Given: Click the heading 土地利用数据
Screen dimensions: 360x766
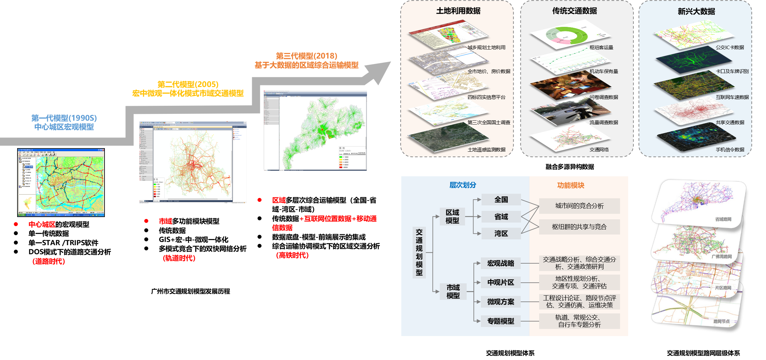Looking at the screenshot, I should [x=458, y=11].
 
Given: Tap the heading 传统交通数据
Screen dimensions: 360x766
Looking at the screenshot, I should [x=574, y=11].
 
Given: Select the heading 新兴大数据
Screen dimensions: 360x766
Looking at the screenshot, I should [x=696, y=12].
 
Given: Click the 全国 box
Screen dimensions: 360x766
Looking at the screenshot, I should [x=501, y=200].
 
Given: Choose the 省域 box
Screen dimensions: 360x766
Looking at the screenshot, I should [x=501, y=217].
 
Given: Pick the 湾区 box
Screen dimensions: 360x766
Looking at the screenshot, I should [x=501, y=234].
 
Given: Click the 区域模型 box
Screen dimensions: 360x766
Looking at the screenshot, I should [x=452, y=216].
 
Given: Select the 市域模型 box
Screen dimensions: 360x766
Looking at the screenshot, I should [x=453, y=291].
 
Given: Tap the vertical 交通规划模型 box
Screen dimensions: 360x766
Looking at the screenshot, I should [x=419, y=252].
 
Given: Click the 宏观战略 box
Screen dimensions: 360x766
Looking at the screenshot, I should [x=501, y=263].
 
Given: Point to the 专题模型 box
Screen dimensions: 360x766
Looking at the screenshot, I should [x=501, y=321].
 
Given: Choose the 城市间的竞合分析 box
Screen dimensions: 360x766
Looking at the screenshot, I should [x=579, y=206].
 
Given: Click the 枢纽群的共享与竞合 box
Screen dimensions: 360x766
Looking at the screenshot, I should [x=579, y=227].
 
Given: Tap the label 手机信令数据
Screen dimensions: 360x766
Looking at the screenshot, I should [x=730, y=150].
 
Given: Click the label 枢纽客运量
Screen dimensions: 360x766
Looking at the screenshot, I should [x=601, y=48].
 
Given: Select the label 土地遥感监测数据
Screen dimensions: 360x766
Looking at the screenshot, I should [x=486, y=150].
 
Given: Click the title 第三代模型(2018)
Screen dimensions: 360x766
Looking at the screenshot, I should [x=306, y=56].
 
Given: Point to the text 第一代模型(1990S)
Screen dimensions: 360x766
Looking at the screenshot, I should [x=64, y=118].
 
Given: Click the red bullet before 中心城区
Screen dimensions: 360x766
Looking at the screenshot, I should [x=16, y=224].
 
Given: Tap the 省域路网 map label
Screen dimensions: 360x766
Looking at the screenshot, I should [x=723, y=219].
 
